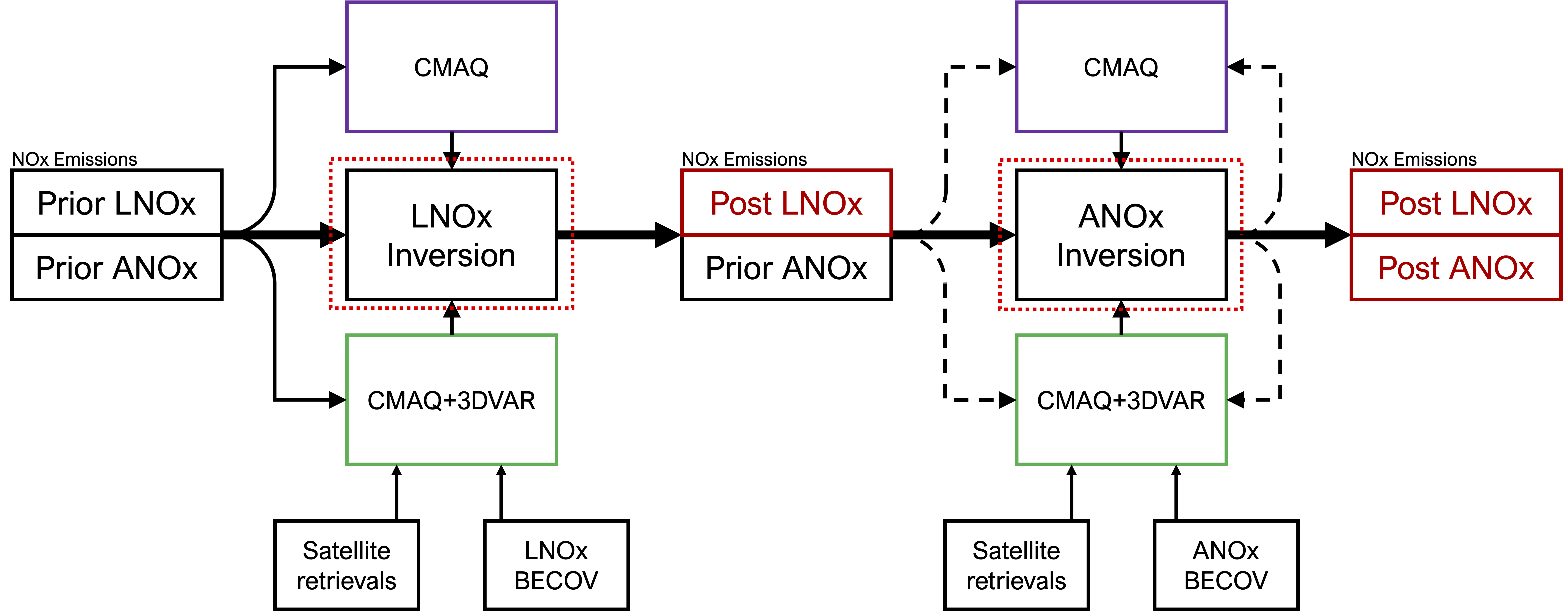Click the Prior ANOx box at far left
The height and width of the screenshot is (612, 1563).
click(116, 268)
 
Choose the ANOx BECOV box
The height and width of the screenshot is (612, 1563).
click(1226, 565)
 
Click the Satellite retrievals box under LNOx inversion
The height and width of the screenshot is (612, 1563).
click(346, 565)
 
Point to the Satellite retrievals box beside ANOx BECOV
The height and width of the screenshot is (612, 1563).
click(1016, 565)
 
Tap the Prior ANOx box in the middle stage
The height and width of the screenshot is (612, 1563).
click(786, 268)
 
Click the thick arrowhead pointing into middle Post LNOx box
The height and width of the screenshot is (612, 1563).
click(667, 235)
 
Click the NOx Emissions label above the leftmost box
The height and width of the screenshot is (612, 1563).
click(75, 160)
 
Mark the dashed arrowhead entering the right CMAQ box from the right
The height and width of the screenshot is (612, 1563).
click(1237, 67)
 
